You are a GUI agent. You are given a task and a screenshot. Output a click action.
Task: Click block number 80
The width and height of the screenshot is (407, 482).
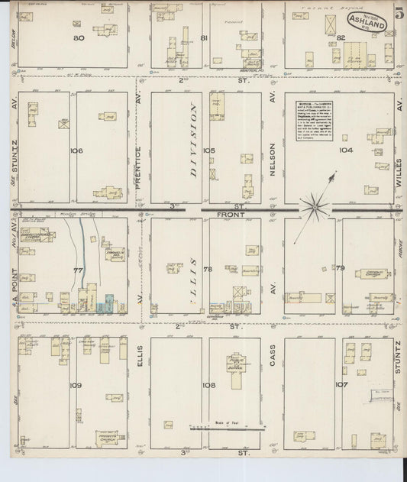78,37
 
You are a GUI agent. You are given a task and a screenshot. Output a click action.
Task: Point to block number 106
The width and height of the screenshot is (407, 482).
76,150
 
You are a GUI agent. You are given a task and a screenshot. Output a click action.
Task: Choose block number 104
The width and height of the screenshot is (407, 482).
347,150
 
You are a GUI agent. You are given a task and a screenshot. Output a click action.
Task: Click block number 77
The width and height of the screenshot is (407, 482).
77,270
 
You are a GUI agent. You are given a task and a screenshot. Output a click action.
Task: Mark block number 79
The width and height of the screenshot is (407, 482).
340,268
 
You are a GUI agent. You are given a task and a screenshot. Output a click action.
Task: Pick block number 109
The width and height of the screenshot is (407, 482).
75,385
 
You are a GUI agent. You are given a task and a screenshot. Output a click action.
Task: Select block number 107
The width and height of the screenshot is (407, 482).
341,384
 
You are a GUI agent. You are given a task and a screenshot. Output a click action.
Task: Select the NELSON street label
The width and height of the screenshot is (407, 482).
272,152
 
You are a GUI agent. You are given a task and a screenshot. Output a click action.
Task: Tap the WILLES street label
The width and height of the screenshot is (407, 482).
399,153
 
